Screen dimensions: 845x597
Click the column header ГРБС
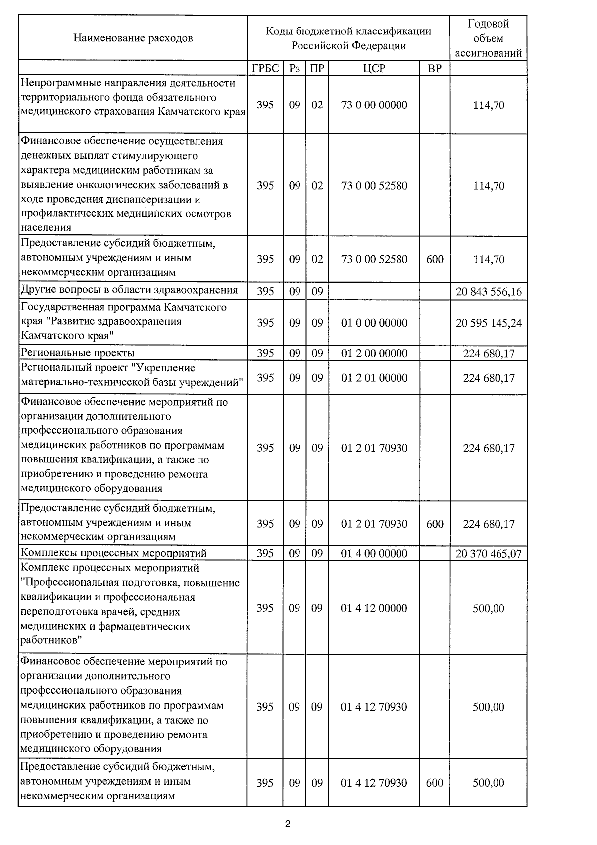point(265,68)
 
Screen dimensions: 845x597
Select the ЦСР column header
point(374,68)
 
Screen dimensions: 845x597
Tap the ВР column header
point(434,68)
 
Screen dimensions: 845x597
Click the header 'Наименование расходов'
point(133,38)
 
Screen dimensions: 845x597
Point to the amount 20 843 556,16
point(489,292)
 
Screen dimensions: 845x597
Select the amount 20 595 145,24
point(489,323)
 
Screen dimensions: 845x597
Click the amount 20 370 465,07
point(489,553)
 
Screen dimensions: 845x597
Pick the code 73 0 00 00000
point(374,105)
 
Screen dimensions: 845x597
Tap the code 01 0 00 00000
point(374,323)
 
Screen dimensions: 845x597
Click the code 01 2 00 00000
point(374,353)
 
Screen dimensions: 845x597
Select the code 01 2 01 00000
point(374,378)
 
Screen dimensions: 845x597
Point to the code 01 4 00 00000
point(374,553)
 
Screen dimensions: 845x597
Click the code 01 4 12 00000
point(374,608)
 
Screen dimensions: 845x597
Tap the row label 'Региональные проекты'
point(78,353)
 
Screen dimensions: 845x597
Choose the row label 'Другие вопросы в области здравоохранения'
point(129,290)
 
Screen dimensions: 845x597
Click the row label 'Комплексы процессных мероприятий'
point(114,553)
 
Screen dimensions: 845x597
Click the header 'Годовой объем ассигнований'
point(489,38)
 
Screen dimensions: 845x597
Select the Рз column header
point(295,68)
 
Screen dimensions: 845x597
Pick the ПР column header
point(317,68)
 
